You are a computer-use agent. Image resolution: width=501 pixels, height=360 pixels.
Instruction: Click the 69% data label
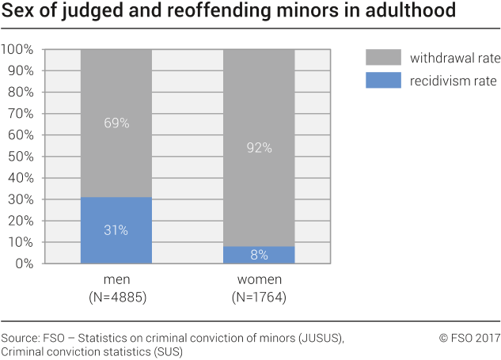pyautogui.click(x=116, y=123)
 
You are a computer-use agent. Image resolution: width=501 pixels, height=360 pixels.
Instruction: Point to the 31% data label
pyautogui.click(x=116, y=230)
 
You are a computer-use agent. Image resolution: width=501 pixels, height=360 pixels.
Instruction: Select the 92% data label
pyautogui.click(x=259, y=147)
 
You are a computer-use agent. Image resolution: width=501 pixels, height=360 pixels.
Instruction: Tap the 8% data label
pyautogui.click(x=259, y=255)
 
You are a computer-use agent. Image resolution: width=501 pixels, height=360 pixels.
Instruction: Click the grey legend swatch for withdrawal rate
pyautogui.click(x=382, y=59)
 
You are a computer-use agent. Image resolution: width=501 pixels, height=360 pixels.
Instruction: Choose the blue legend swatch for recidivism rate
pyautogui.click(x=382, y=80)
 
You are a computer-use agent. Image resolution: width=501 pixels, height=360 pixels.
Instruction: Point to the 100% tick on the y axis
pyautogui.click(x=18, y=50)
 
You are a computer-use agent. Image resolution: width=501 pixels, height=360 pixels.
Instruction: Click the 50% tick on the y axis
pyautogui.click(x=21, y=157)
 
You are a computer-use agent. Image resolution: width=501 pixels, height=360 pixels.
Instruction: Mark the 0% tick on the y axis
pyautogui.click(x=24, y=264)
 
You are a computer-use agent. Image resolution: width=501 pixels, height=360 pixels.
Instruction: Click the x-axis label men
pyautogui.click(x=116, y=281)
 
